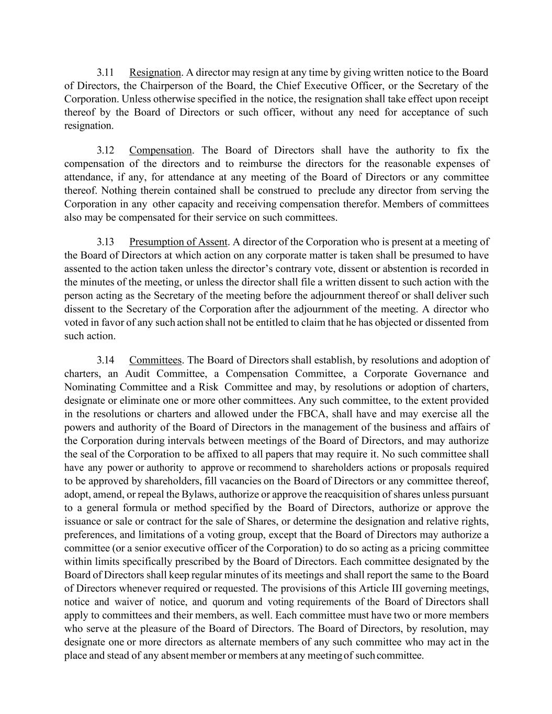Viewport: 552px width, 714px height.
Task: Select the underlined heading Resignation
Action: [155, 72]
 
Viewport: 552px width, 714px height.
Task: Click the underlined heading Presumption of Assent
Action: [178, 242]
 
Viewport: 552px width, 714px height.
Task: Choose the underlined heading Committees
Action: [155, 360]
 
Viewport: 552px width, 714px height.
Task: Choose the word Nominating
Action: [90, 387]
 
